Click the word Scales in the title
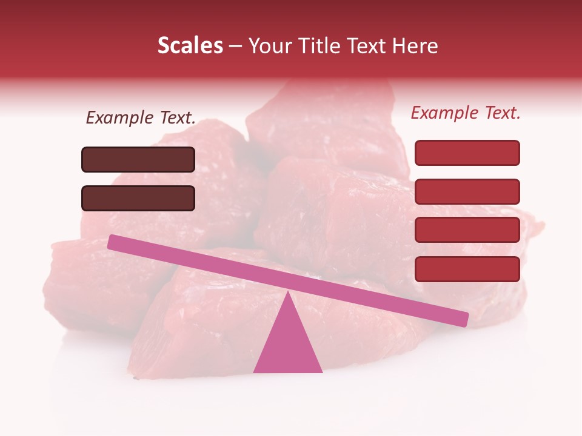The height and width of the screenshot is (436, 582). (x=190, y=46)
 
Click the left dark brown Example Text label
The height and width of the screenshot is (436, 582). (x=141, y=118)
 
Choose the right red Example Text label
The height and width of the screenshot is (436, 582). (x=466, y=113)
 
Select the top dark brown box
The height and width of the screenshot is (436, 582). (x=138, y=159)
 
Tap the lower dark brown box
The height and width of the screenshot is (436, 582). (x=138, y=198)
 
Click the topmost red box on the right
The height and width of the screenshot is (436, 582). (x=467, y=153)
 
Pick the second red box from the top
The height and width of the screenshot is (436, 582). (x=467, y=191)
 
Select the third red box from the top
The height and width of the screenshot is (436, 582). (x=467, y=230)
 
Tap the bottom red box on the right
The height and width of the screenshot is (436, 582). (x=467, y=269)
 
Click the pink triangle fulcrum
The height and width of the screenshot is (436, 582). (x=287, y=342)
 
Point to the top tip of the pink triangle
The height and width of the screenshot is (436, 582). (x=287, y=292)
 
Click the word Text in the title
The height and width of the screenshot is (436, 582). (x=369, y=46)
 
